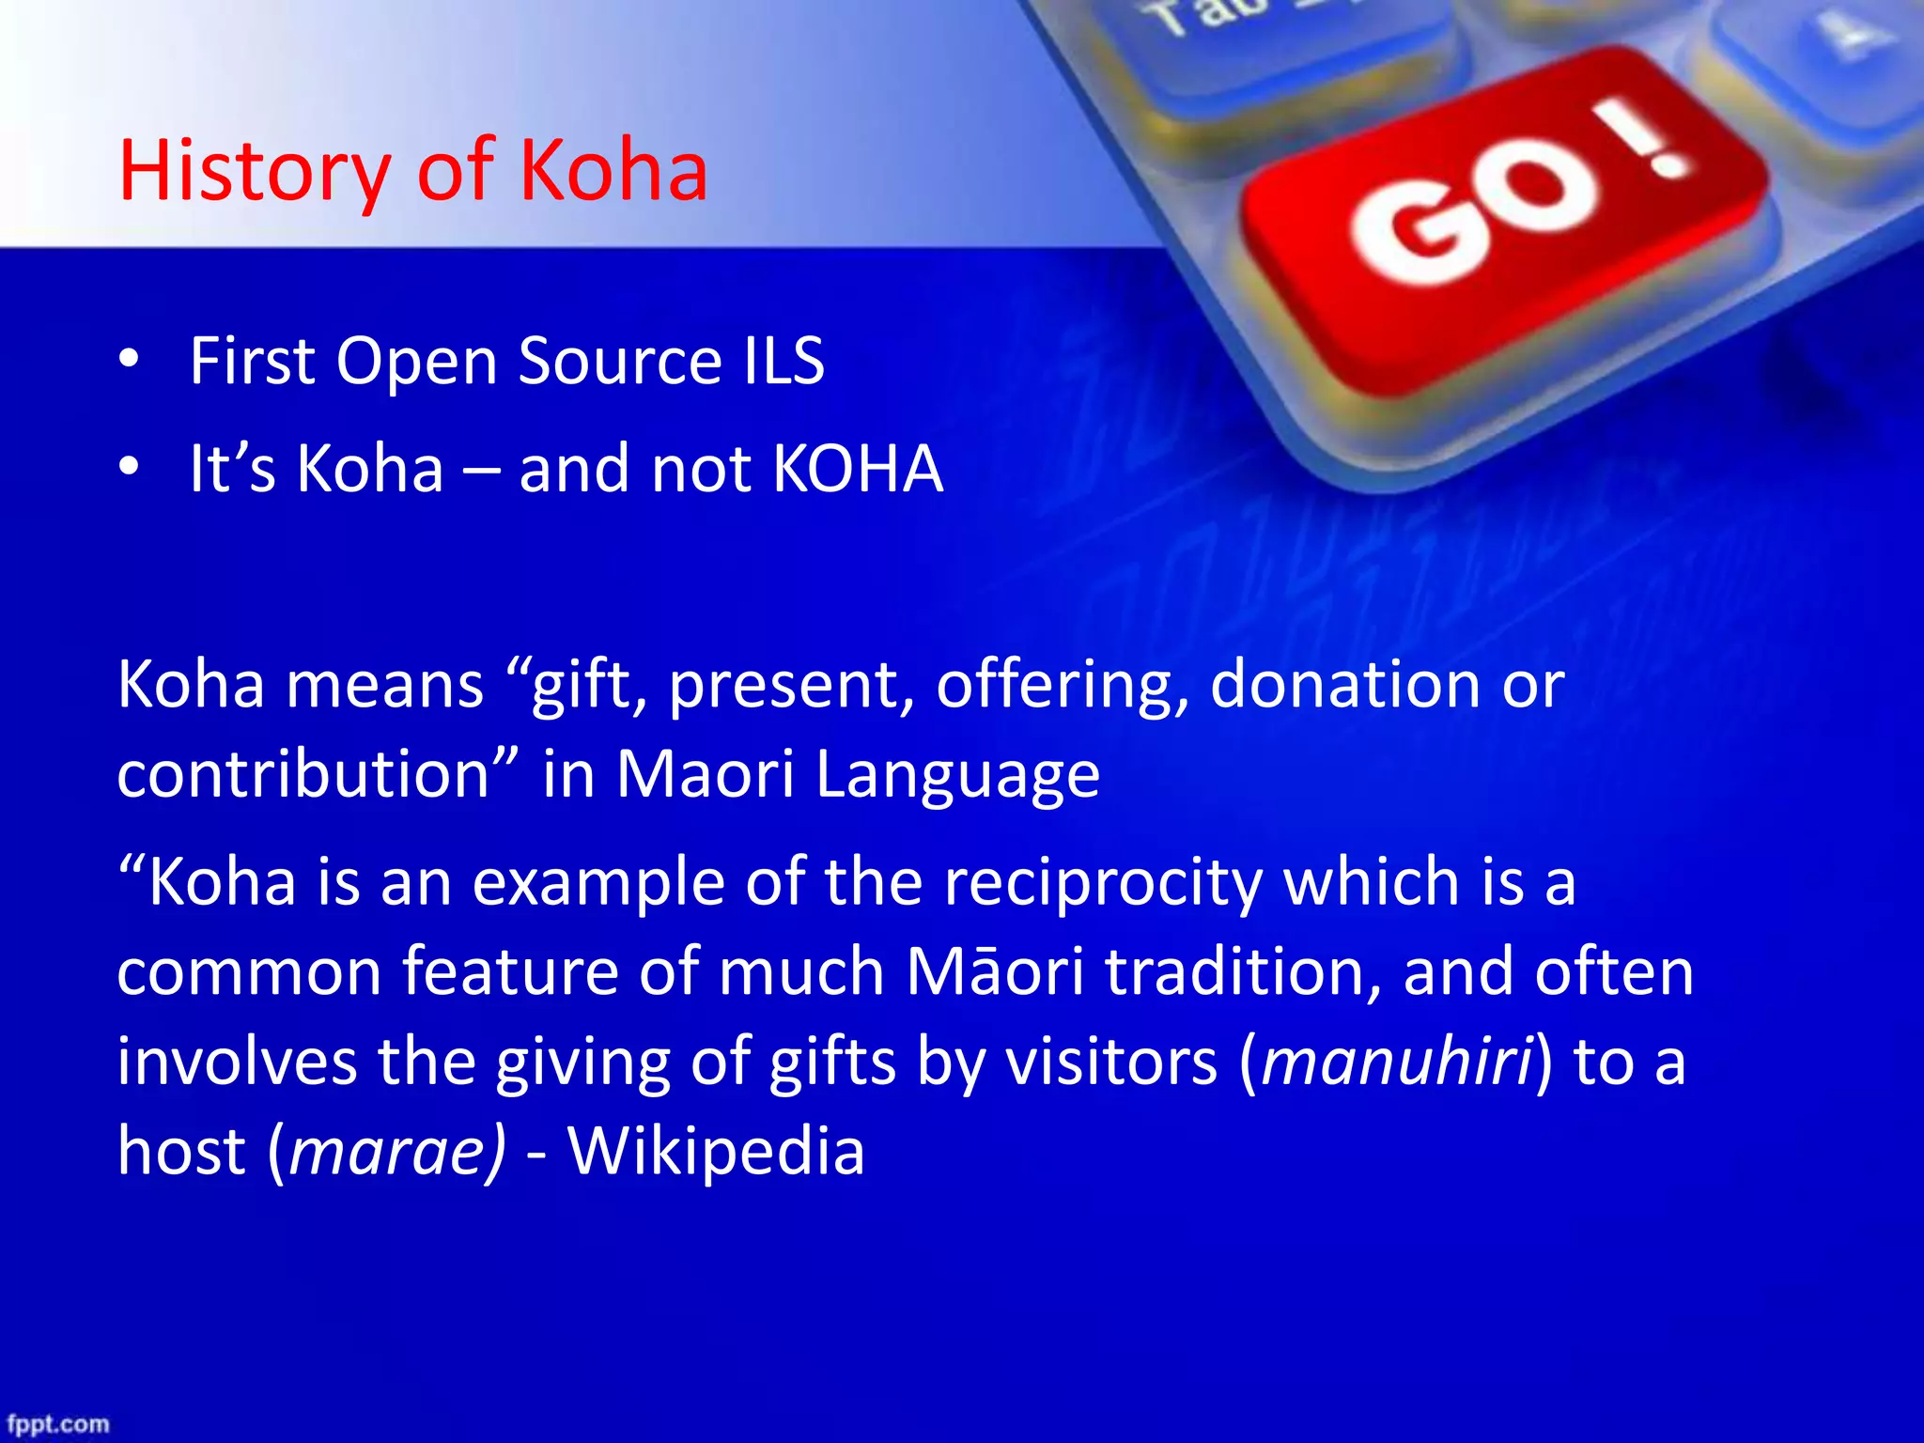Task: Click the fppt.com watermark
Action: (x=58, y=1424)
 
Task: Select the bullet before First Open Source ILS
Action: (x=130, y=361)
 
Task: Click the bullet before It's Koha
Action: (x=130, y=468)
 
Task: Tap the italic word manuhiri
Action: (x=1397, y=1062)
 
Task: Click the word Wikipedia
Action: (x=716, y=1152)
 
